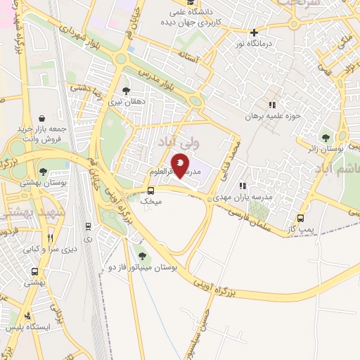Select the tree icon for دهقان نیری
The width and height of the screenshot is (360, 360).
click(126, 90)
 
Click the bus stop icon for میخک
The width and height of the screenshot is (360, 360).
click(151, 191)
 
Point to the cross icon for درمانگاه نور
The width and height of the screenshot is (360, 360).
click(255, 32)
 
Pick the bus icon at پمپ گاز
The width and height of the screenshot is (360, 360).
click(301, 218)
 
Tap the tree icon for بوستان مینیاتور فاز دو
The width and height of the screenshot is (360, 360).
click(143, 256)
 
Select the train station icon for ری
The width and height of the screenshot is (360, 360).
click(88, 226)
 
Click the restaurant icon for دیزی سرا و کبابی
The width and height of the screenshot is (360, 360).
click(49, 238)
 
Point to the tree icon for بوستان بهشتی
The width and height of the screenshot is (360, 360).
click(44, 171)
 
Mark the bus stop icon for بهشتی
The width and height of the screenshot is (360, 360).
click(34, 271)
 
